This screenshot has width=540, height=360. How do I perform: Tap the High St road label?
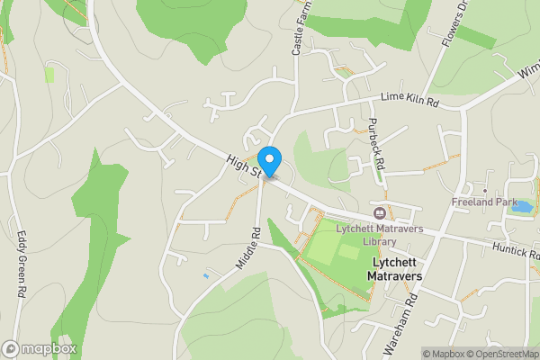243,163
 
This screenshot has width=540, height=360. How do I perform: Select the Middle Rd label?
255,244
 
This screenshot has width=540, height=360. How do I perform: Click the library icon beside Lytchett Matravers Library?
380,213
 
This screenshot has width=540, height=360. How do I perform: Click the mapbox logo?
39,348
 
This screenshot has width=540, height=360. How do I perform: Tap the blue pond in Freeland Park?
521,206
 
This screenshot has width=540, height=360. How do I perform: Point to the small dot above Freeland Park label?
484,191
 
